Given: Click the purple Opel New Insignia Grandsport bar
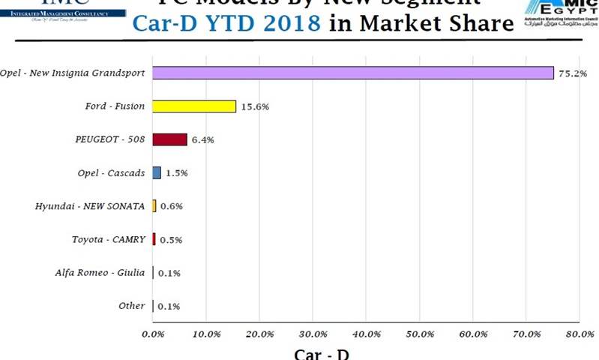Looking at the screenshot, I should point(352,73).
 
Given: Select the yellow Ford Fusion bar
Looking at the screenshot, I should point(194,106).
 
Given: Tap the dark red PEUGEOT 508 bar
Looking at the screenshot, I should point(169,139).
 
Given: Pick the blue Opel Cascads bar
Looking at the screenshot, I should point(157,172).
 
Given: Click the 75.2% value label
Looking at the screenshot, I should point(573,73).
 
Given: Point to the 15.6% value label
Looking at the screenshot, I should point(255,107).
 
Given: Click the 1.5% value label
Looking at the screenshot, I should point(176,173).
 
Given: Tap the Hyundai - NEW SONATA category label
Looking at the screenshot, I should point(91,206).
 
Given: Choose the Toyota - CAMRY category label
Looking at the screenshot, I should point(109,239).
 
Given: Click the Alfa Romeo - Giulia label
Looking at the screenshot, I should point(100,272).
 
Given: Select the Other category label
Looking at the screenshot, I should point(131,305).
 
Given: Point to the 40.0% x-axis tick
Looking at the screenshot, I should point(367,334).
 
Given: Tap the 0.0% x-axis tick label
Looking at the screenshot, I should point(153,334).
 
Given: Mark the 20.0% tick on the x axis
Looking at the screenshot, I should point(259,334).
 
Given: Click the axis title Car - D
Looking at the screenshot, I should point(320,353).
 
